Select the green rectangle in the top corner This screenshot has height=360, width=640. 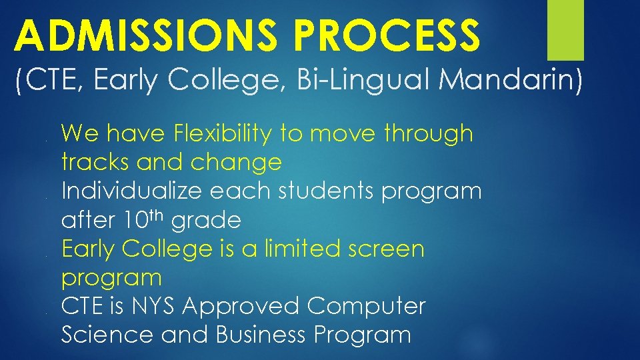(x=565, y=30)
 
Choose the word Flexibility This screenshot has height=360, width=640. (x=223, y=134)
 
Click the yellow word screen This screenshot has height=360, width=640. (x=387, y=250)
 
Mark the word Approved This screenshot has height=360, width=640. (x=243, y=307)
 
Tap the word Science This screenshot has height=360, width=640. (x=107, y=335)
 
